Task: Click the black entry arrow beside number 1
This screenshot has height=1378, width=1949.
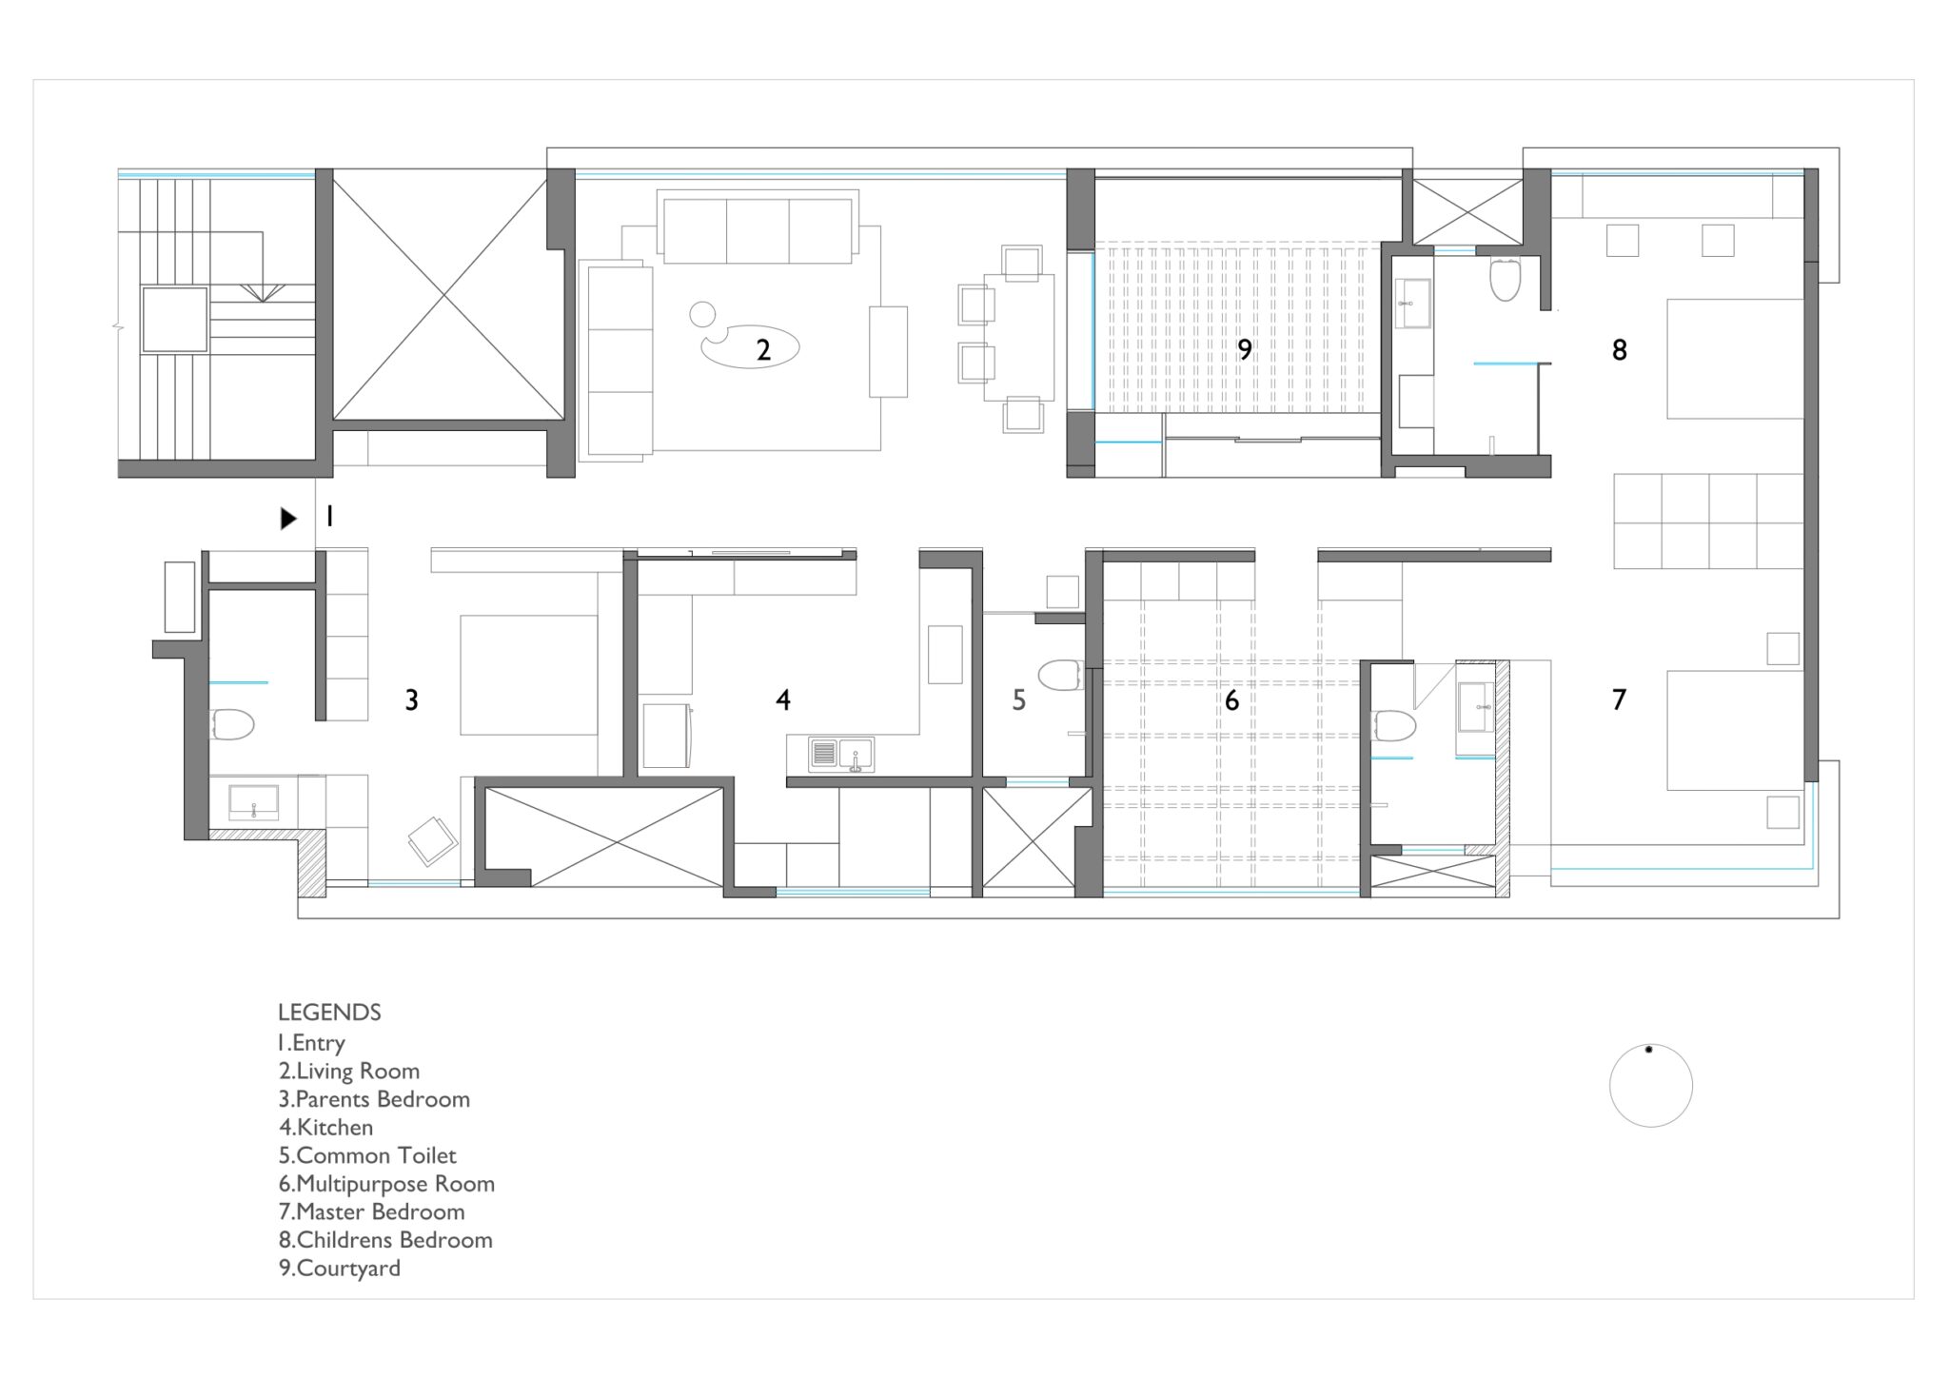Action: (287, 519)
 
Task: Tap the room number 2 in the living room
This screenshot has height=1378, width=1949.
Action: (763, 350)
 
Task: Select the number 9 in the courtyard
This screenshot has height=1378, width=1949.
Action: (1244, 350)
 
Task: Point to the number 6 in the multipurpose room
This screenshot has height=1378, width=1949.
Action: (1231, 701)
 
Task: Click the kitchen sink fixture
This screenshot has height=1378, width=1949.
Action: (841, 755)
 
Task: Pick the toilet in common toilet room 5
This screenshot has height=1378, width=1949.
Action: (1059, 675)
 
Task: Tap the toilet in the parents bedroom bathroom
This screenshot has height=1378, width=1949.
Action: (231, 724)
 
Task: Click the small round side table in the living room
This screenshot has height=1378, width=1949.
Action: (702, 313)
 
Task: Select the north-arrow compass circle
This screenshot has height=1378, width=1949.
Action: (1650, 1086)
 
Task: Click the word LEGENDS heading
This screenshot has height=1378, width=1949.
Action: (329, 1013)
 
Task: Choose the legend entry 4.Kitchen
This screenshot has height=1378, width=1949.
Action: (325, 1128)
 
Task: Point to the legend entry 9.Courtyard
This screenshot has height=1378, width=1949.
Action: (339, 1269)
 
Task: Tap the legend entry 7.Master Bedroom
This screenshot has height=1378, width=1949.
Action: (371, 1212)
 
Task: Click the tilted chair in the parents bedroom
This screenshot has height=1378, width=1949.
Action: (433, 840)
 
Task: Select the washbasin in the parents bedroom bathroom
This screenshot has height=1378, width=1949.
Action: (253, 802)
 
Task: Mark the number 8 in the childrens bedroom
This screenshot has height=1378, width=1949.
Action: (1619, 350)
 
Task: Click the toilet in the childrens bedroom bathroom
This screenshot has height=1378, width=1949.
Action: (1505, 279)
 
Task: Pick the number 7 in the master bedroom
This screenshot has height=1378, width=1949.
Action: (1619, 701)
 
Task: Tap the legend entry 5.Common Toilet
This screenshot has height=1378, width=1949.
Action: (367, 1156)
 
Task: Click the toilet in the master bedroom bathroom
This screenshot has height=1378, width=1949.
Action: (1394, 726)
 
